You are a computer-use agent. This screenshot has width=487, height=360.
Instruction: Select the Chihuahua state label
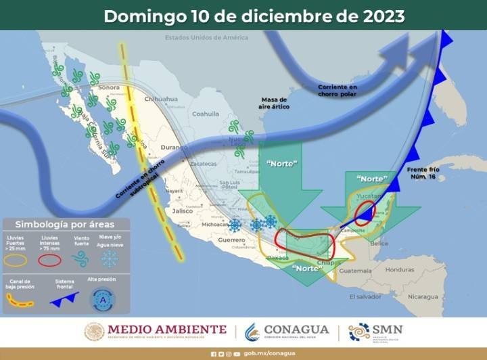(x=160, y=99)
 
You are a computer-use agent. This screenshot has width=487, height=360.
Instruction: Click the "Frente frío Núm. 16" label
(x=425, y=173)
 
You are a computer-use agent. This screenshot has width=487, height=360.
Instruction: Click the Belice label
(x=379, y=243)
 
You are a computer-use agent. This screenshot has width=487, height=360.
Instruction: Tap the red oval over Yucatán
(x=365, y=213)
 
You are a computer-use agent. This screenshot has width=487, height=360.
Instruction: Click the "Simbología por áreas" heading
(x=66, y=224)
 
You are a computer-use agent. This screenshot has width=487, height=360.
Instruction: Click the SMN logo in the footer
(x=375, y=332)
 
